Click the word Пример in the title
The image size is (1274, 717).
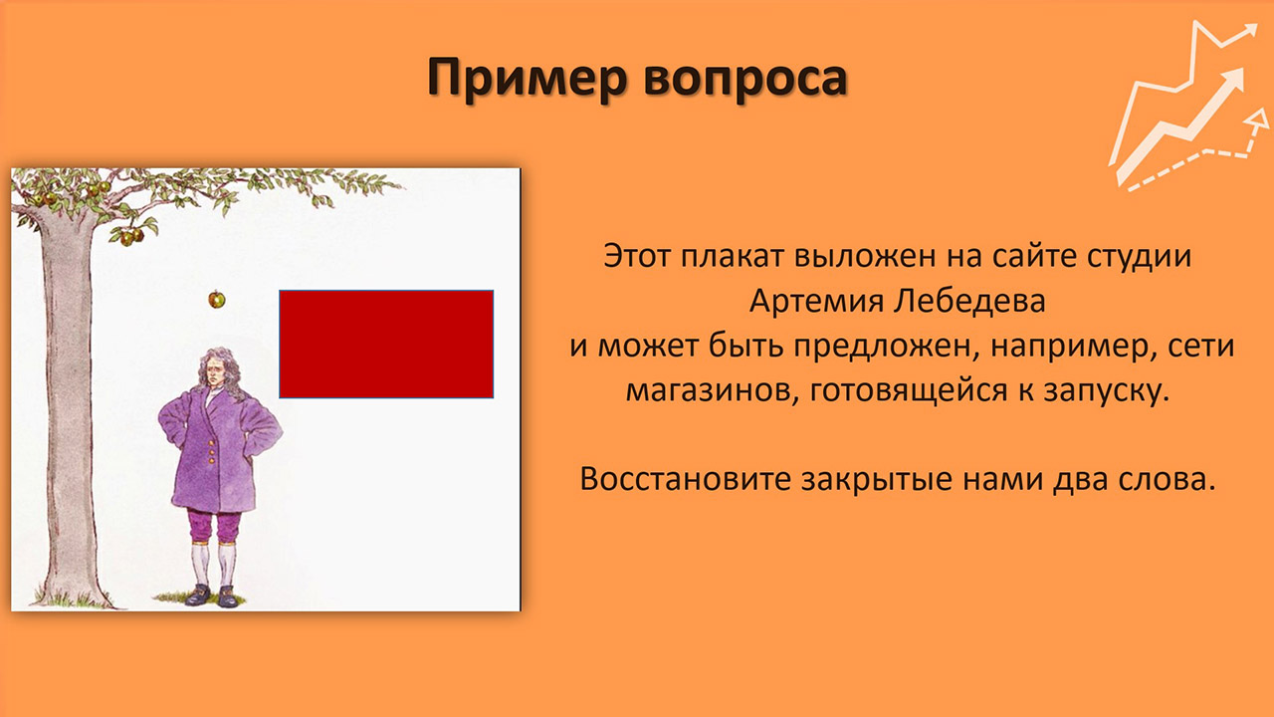point(527,78)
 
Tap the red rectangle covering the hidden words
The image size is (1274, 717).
point(386,344)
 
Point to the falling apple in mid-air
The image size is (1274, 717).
point(216,299)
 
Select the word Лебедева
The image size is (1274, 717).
point(968,301)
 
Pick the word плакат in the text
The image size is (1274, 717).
point(731,256)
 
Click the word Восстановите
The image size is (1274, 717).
point(685,479)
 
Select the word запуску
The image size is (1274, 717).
point(1106,392)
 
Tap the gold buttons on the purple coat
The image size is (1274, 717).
point(212,451)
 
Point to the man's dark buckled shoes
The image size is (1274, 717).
point(212,596)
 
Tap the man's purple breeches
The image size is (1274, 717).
point(214,525)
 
